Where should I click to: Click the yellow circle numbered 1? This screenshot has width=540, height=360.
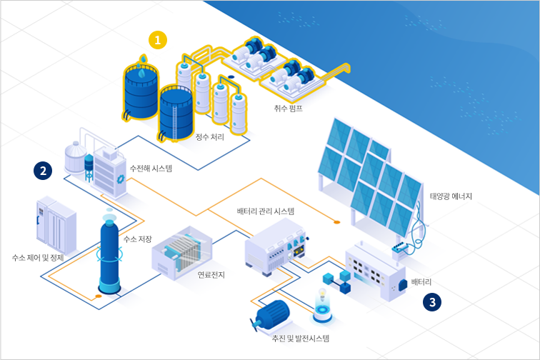[158, 40]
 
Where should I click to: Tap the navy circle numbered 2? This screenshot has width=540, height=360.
[43, 171]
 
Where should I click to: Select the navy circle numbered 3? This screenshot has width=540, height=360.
[432, 302]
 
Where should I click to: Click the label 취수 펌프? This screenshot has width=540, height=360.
[289, 108]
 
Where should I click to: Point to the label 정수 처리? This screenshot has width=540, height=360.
[210, 136]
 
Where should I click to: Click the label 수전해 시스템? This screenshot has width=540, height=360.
[151, 169]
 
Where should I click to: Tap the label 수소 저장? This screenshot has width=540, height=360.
[137, 239]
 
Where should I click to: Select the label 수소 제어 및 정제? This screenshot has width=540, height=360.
[38, 258]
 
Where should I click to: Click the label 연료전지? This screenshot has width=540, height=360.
[211, 274]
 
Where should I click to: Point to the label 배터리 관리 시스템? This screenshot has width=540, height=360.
[266, 211]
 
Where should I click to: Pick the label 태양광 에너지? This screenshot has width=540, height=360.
[451, 196]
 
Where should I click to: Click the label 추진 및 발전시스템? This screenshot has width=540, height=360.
[301, 339]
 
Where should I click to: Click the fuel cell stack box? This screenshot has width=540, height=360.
[182, 253]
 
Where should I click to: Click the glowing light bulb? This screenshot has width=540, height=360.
[322, 293]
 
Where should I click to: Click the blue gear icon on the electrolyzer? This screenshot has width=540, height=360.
[120, 179]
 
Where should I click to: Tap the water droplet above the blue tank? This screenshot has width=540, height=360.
[143, 59]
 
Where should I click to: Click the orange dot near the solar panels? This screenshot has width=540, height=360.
[337, 222]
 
